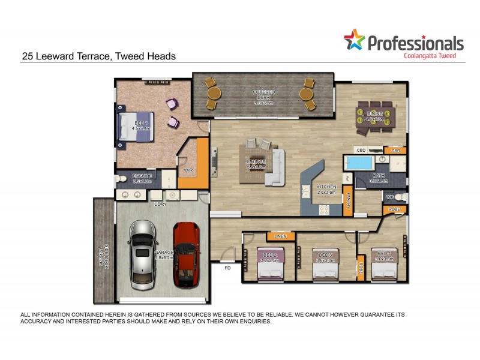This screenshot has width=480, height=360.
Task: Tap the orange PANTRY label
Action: [347, 198]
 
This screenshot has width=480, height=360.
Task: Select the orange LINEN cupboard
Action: [280, 236]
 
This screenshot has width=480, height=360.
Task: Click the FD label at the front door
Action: [227, 268]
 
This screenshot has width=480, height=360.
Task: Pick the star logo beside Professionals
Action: [354, 40]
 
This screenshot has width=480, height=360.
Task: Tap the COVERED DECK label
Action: [263, 97]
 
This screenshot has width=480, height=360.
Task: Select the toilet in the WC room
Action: [403, 197]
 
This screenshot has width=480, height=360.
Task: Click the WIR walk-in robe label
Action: [188, 170]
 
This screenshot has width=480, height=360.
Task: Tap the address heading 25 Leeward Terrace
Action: [99, 56]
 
